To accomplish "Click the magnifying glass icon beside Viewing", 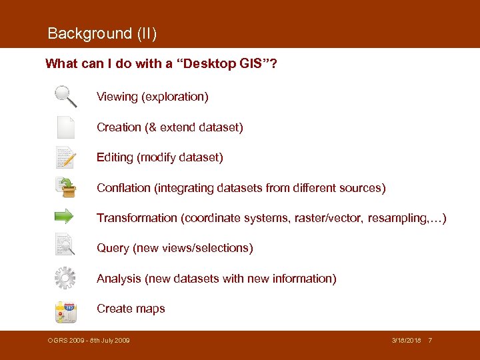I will tap(65, 97).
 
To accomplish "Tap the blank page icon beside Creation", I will tap(65, 127).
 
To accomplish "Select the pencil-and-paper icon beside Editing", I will tap(65, 157).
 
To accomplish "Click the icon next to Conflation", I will tap(65, 187).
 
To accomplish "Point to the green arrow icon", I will tap(65, 217).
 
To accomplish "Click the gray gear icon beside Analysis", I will tap(65, 277).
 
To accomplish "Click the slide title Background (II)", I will tap(102, 33).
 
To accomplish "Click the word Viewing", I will tap(117, 97).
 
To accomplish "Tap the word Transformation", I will tap(137, 218).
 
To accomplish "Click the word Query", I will tap(113, 248).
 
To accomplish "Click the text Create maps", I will tap(131, 309).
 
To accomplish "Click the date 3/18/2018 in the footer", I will tap(407, 341).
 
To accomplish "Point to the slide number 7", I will tap(430, 341).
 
